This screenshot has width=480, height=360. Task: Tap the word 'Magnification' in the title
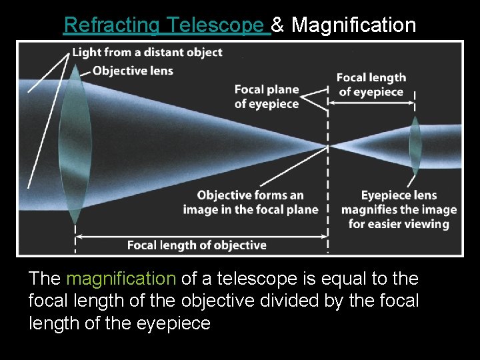(x=353, y=25)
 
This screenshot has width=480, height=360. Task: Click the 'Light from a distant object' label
(x=147, y=53)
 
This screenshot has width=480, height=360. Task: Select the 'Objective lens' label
(x=133, y=71)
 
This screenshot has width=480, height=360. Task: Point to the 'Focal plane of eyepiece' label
(x=266, y=97)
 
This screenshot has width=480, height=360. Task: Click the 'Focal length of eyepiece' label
(x=371, y=85)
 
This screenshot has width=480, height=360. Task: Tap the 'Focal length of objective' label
(x=197, y=245)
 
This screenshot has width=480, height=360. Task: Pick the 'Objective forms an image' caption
(x=251, y=202)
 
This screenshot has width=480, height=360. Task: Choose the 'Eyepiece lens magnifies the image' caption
(x=399, y=209)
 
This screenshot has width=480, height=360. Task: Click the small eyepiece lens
(x=415, y=146)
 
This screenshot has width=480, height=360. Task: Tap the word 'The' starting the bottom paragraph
(x=45, y=279)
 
